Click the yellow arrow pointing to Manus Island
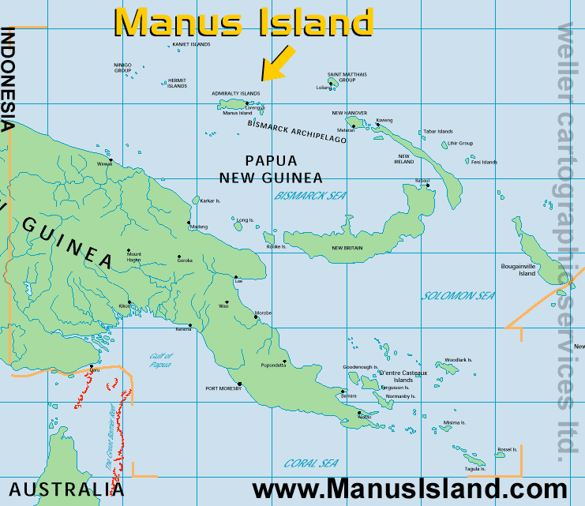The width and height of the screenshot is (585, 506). click(x=278, y=63)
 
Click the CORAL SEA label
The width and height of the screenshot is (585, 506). click(x=311, y=463)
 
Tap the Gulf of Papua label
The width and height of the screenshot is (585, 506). click(x=160, y=361)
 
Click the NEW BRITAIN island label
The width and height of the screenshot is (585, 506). click(x=347, y=249)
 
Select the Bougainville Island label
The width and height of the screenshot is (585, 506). click(x=518, y=270)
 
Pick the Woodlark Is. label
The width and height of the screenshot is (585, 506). click(x=458, y=360)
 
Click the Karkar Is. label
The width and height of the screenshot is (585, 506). click(x=213, y=201)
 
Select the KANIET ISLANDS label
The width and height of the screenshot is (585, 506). click(x=191, y=44)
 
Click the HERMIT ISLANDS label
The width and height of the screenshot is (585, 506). click(x=177, y=82)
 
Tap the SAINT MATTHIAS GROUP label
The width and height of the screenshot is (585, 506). click(x=347, y=77)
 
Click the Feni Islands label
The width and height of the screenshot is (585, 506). click(x=484, y=162)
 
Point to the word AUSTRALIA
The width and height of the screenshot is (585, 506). click(x=67, y=489)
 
